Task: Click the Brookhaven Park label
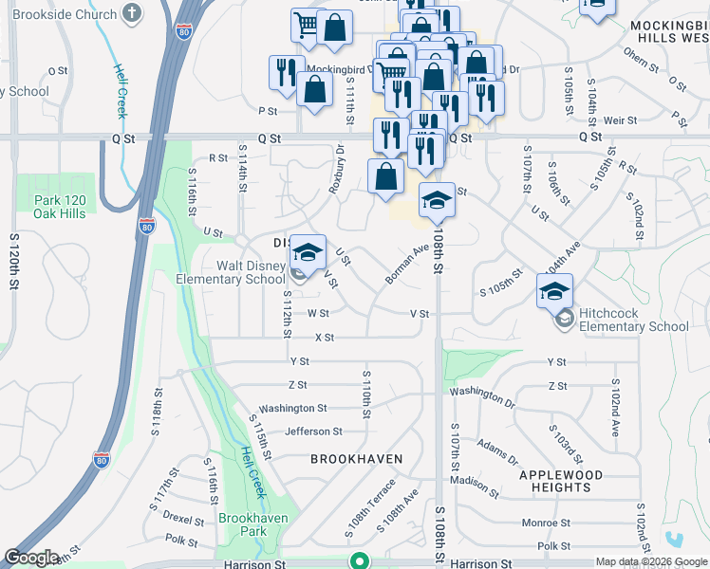[x=255, y=525]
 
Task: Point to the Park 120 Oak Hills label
[x=60, y=207]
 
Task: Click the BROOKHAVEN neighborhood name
[x=356, y=459]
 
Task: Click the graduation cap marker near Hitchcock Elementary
[x=555, y=290]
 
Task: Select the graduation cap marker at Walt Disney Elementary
[x=308, y=252]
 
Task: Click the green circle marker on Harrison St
[x=359, y=560]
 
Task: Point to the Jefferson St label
[x=314, y=431]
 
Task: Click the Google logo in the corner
[x=32, y=558]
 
